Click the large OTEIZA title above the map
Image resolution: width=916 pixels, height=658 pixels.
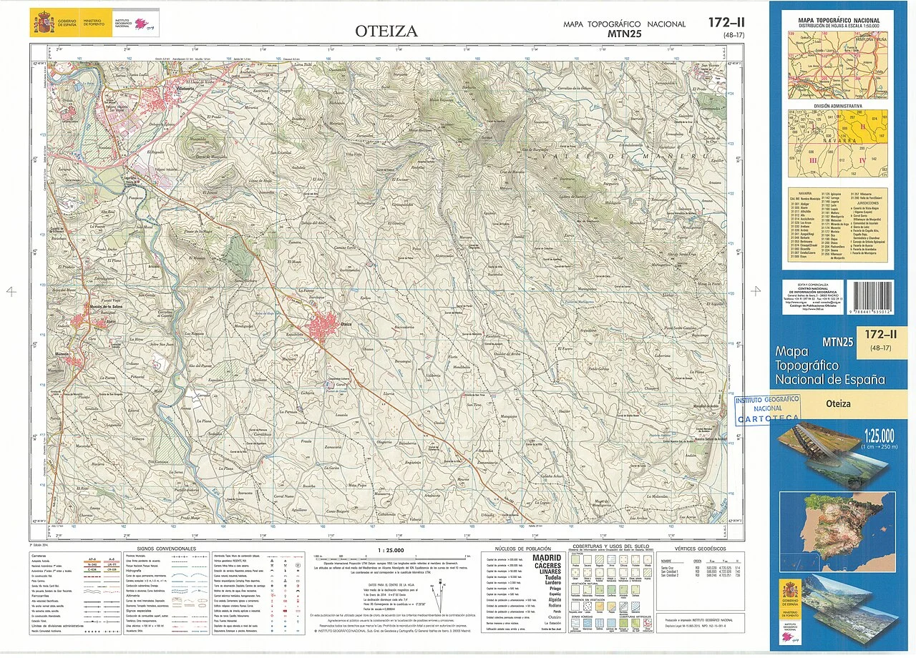pyautogui.click(x=386, y=31)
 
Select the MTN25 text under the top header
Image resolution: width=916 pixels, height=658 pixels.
pyautogui.click(x=624, y=33)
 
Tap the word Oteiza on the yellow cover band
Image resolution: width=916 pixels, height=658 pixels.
pyautogui.click(x=838, y=404)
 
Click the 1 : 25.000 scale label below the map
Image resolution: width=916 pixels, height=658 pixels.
pyautogui.click(x=389, y=550)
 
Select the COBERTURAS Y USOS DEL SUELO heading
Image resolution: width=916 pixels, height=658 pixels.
pyautogui.click(x=610, y=546)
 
